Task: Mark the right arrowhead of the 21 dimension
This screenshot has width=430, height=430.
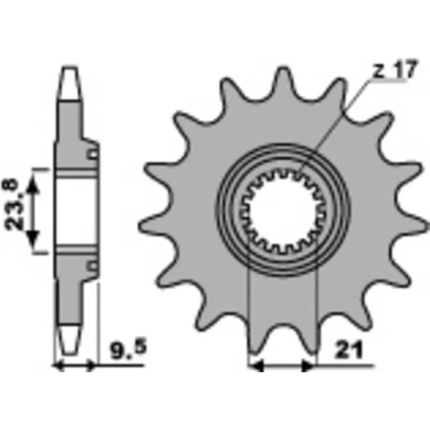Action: coord(308,366)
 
